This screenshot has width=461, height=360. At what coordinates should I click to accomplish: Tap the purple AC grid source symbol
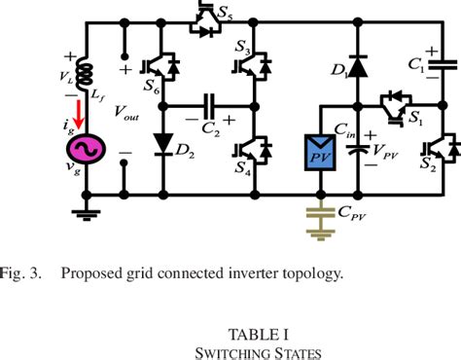click(x=83, y=150)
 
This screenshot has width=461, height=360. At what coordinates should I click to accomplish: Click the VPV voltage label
click(x=389, y=155)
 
